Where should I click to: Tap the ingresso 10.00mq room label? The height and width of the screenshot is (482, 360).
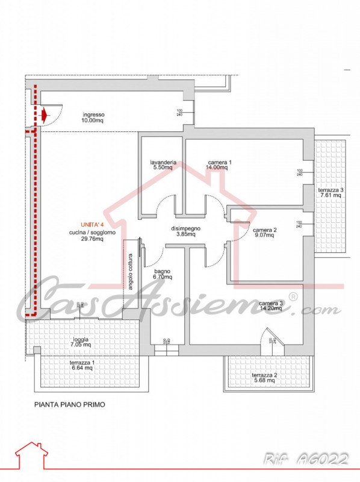point(94,117)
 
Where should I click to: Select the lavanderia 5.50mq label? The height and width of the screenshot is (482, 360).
point(163,165)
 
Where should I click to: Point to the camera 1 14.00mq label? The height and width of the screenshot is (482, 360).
point(220,165)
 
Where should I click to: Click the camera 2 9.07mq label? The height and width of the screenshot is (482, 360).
point(265,234)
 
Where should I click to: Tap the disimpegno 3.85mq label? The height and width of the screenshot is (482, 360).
point(185,231)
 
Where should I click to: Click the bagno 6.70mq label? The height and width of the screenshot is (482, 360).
point(162,275)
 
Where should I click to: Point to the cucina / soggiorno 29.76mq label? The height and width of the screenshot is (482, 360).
point(85,235)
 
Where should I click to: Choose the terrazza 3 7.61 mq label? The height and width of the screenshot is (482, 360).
point(331,192)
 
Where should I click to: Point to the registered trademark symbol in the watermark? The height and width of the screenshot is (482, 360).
point(293,296)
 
